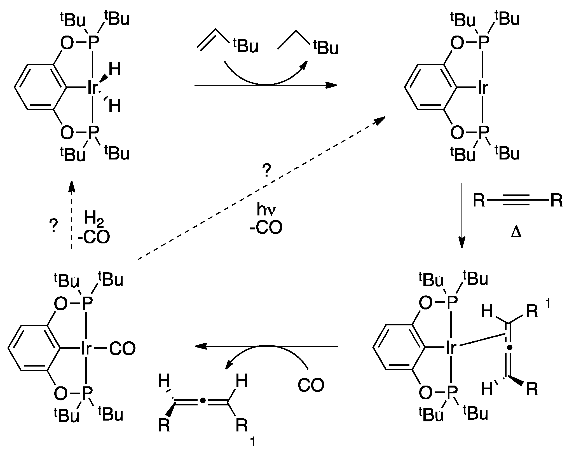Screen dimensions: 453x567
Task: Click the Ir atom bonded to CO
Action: point(86,349)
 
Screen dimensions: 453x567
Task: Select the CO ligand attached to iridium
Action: point(122,349)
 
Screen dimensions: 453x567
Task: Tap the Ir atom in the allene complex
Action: point(451,348)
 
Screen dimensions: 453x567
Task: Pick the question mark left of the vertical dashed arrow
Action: point(53,226)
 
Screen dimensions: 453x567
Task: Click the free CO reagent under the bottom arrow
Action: point(311,385)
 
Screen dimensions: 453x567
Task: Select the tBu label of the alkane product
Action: point(325,47)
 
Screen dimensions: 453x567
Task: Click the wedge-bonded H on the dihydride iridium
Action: point(114,69)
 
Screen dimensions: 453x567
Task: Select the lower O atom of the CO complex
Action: point(60,393)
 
